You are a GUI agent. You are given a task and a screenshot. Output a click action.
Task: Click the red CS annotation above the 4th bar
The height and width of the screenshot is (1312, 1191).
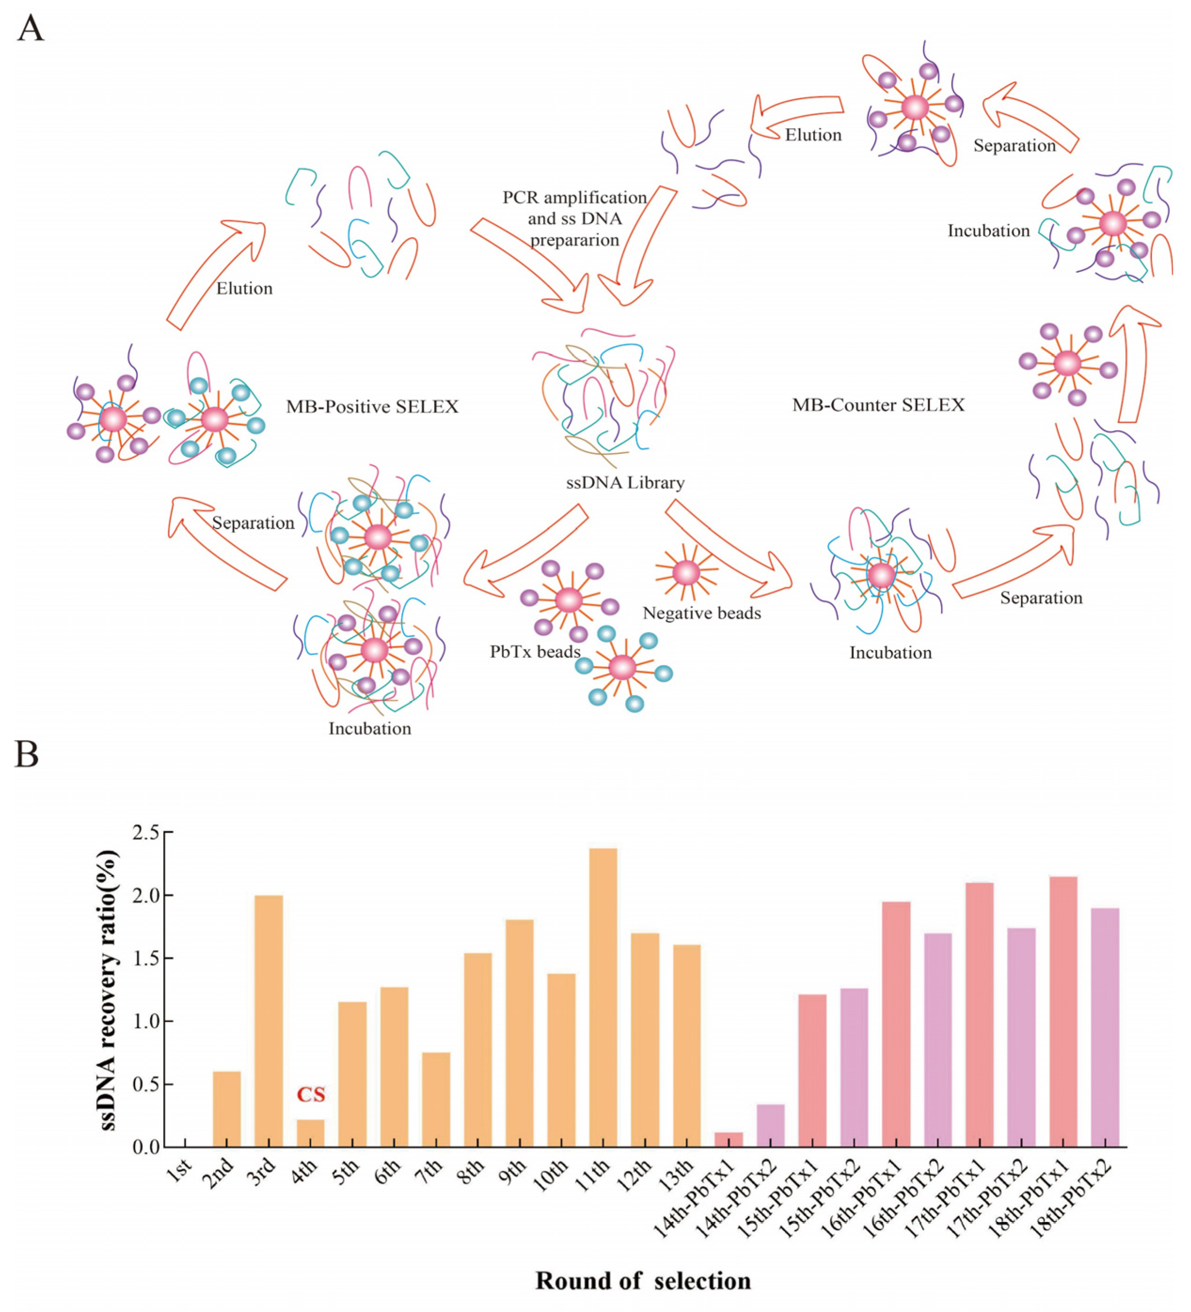coord(311,1095)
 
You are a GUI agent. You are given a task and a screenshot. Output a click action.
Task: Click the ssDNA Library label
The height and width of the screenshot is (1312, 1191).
coord(625,482)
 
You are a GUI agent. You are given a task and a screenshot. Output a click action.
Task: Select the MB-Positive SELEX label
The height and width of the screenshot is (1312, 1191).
coord(372,407)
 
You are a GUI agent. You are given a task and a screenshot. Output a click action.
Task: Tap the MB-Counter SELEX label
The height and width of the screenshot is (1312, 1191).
coord(878,405)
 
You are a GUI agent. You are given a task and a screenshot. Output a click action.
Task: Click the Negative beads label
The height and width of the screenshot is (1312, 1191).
coord(702,613)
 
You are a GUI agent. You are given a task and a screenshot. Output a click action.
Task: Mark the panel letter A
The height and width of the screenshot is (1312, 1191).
coord(31,29)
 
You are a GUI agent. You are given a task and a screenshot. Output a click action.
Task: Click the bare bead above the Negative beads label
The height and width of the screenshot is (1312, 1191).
coord(686,573)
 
